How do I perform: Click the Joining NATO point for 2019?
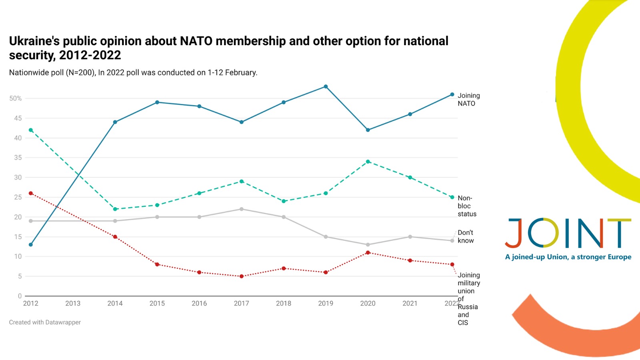tap(326, 87)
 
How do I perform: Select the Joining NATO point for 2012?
tap(31, 244)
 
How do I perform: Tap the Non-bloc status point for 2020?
tap(368, 162)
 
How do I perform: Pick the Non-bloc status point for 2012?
tap(31, 130)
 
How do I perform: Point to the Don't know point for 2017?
tap(242, 209)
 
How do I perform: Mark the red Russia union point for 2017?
tap(242, 276)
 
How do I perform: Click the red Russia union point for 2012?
tap(31, 193)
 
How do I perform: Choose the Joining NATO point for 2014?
tap(115, 122)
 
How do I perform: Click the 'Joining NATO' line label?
tap(468, 99)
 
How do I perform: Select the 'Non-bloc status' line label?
tap(467, 206)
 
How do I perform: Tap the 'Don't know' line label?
tap(466, 236)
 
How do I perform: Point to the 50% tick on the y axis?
tap(16, 98)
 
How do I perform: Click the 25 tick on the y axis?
tap(18, 197)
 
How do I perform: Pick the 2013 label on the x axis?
tap(73, 303)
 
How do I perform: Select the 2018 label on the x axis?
tap(284, 303)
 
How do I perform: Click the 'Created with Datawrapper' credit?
tap(45, 322)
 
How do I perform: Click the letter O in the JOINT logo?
tap(543, 233)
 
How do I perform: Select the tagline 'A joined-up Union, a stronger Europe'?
tap(568, 257)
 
